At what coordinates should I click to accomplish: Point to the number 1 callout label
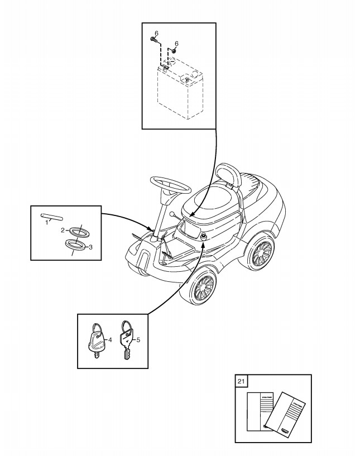pos(47,222)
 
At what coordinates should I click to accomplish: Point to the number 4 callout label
pos(110,339)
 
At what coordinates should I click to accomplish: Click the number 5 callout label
pos(138,339)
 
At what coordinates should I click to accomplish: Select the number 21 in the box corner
pos(241,382)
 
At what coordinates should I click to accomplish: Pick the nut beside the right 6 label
pos(174,51)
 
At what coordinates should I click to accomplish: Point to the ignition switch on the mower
pos(203,237)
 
